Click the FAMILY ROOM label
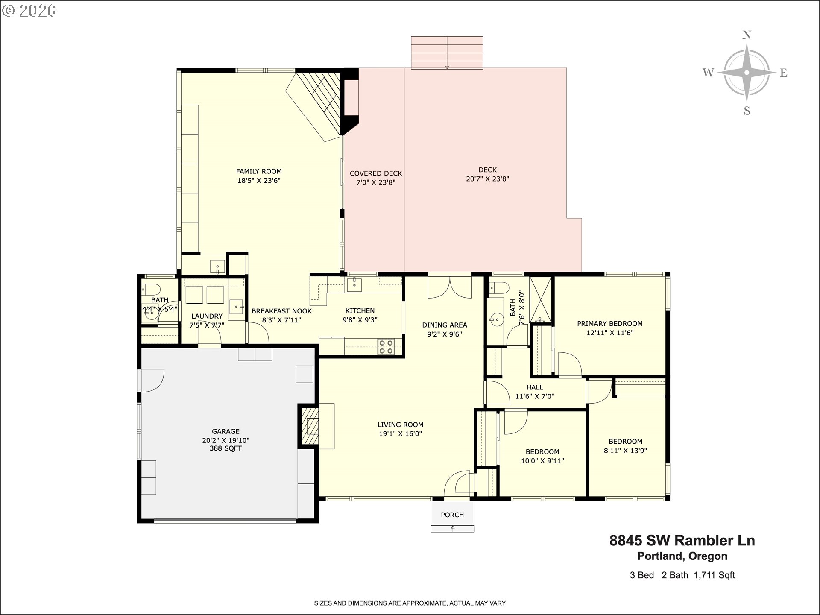(x=259, y=171)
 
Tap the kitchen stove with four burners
(x=386, y=346)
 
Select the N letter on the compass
(x=747, y=35)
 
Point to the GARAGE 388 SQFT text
(x=225, y=448)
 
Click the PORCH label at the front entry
(x=452, y=515)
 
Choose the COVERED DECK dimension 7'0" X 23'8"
(x=376, y=182)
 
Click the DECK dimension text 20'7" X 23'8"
(x=487, y=179)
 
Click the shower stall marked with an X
(x=541, y=300)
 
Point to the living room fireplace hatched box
(x=310, y=426)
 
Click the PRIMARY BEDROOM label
(x=610, y=324)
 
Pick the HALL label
(x=535, y=387)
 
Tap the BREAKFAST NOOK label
(x=281, y=311)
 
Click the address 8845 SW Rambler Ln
(x=682, y=541)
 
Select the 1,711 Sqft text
(x=715, y=575)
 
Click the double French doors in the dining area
(x=450, y=287)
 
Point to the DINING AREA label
(x=445, y=325)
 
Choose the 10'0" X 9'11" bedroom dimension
(x=542, y=461)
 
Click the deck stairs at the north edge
(x=447, y=53)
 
